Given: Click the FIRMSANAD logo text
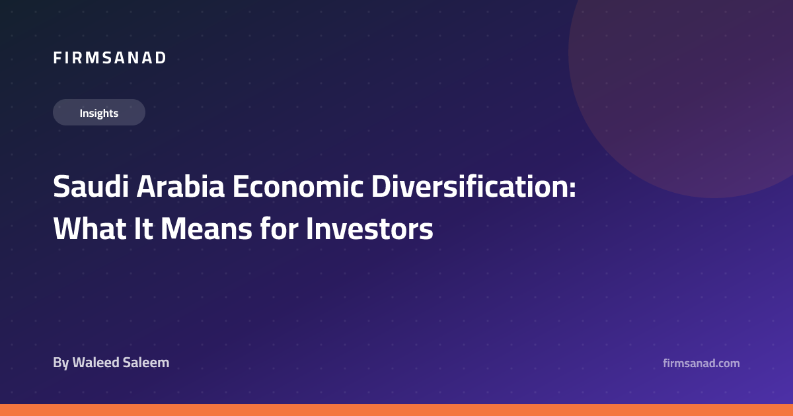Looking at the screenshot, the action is (x=110, y=58).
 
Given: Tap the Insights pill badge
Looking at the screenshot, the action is (x=99, y=112).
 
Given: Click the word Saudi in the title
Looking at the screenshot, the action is (x=91, y=186).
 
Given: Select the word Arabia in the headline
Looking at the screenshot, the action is (x=180, y=186).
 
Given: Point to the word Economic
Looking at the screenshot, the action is (x=298, y=186).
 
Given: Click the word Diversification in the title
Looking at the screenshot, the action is (x=470, y=186).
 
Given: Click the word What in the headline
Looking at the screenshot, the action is (x=90, y=228).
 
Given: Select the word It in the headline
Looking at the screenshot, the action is (x=143, y=228).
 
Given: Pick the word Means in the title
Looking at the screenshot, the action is (x=206, y=228).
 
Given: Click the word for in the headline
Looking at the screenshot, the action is (x=279, y=228).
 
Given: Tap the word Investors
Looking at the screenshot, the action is (x=369, y=228).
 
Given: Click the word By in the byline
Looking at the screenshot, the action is (x=61, y=363).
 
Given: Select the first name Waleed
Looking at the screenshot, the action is (x=96, y=363).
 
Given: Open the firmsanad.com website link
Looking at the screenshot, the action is (x=701, y=363).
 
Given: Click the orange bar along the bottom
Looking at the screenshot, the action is (x=397, y=410).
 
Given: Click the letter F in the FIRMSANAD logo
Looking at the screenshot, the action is (x=57, y=58).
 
